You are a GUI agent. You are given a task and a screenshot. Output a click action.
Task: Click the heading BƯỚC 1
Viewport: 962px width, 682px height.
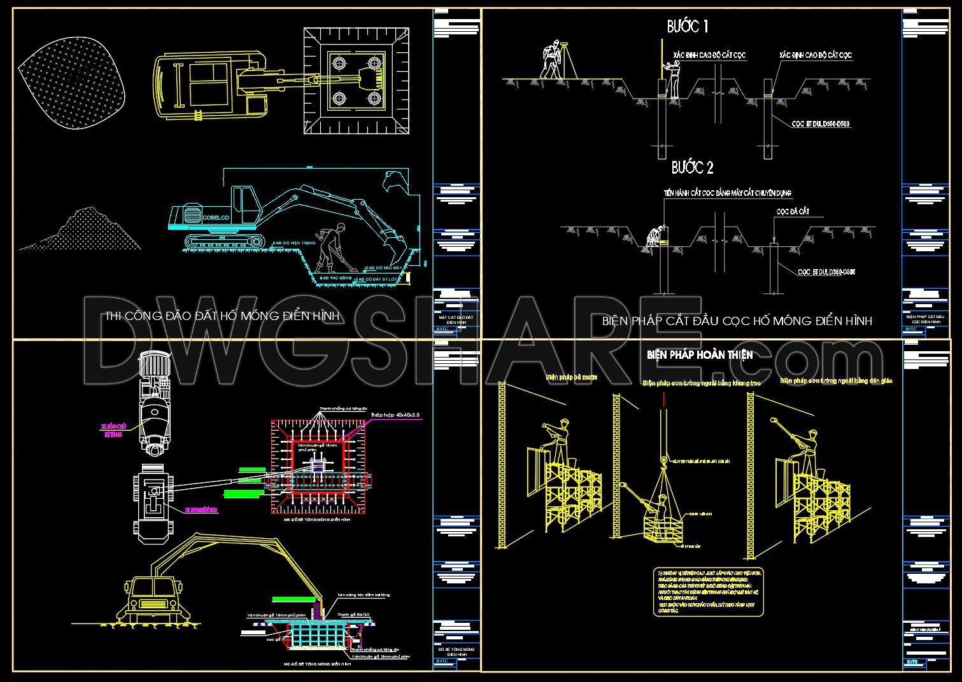click(x=688, y=27)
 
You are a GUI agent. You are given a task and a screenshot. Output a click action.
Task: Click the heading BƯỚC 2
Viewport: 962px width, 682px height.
click(x=693, y=167)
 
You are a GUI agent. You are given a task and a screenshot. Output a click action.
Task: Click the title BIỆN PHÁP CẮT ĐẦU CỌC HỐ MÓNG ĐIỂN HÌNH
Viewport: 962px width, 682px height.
click(x=737, y=321)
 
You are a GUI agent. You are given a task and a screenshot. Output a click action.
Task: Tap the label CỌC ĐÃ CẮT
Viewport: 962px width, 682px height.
click(x=792, y=211)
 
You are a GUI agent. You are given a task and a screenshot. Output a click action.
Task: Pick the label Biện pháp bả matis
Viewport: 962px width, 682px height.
click(x=571, y=377)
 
